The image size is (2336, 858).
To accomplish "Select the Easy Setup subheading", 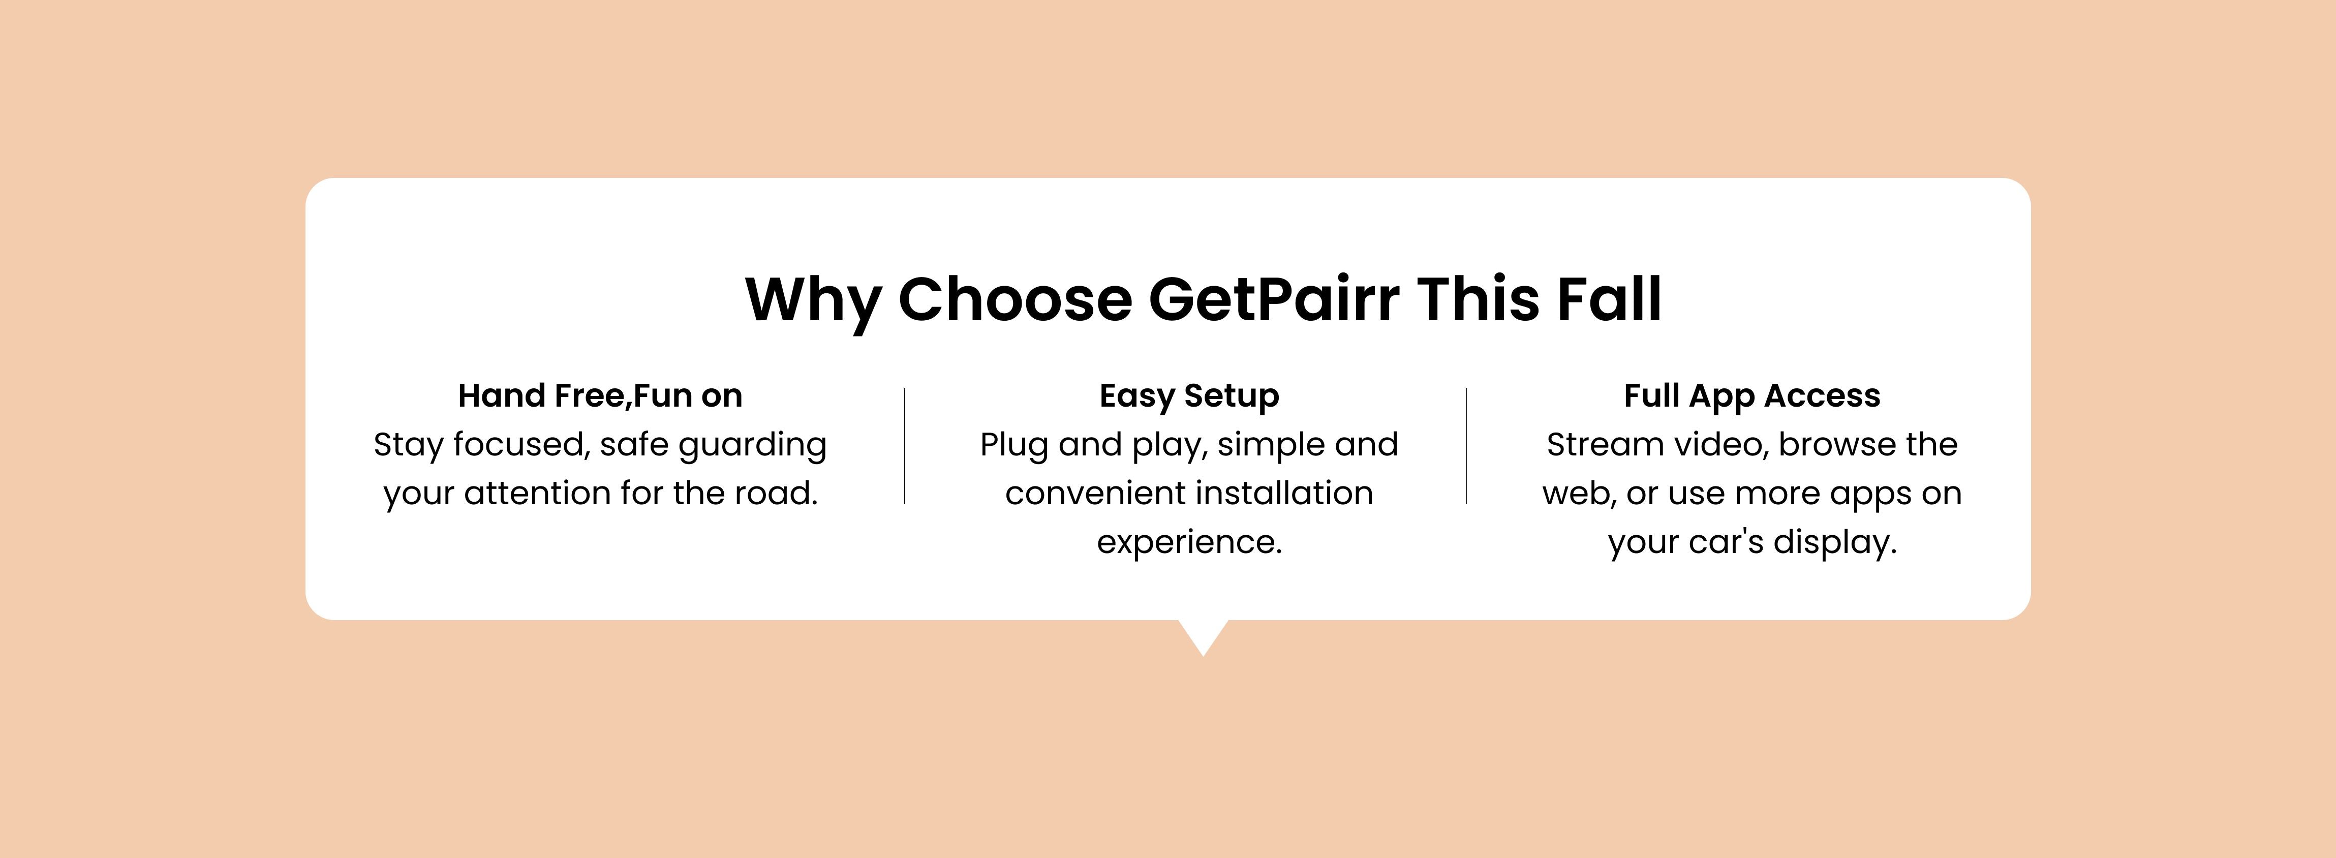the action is (1189, 396).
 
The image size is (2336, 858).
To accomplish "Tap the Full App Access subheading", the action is (1752, 396).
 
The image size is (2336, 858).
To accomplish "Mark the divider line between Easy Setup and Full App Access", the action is (1466, 445).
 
